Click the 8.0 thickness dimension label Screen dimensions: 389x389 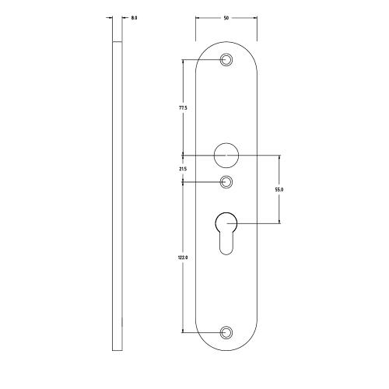[135, 17]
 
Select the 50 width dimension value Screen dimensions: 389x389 [226, 17]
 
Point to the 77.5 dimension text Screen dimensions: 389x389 [183, 109]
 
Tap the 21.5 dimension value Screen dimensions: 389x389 [183, 168]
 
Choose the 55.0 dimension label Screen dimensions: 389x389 [279, 189]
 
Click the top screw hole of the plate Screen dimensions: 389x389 [226, 60]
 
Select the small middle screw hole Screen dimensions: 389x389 [226, 182]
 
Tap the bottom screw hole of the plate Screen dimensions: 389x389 [226, 332]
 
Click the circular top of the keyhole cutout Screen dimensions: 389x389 [226, 224]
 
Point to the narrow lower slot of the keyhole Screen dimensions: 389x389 [226, 245]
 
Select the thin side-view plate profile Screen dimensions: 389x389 [117, 194]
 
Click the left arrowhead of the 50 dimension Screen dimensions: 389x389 [197, 17]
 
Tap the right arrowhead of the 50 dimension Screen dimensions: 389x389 [256, 17]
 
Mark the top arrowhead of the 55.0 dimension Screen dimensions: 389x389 [279, 158]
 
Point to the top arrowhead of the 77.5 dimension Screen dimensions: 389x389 [183, 62]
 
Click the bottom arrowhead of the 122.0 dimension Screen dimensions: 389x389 [183, 330]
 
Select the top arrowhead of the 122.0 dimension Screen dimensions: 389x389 [183, 184]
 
